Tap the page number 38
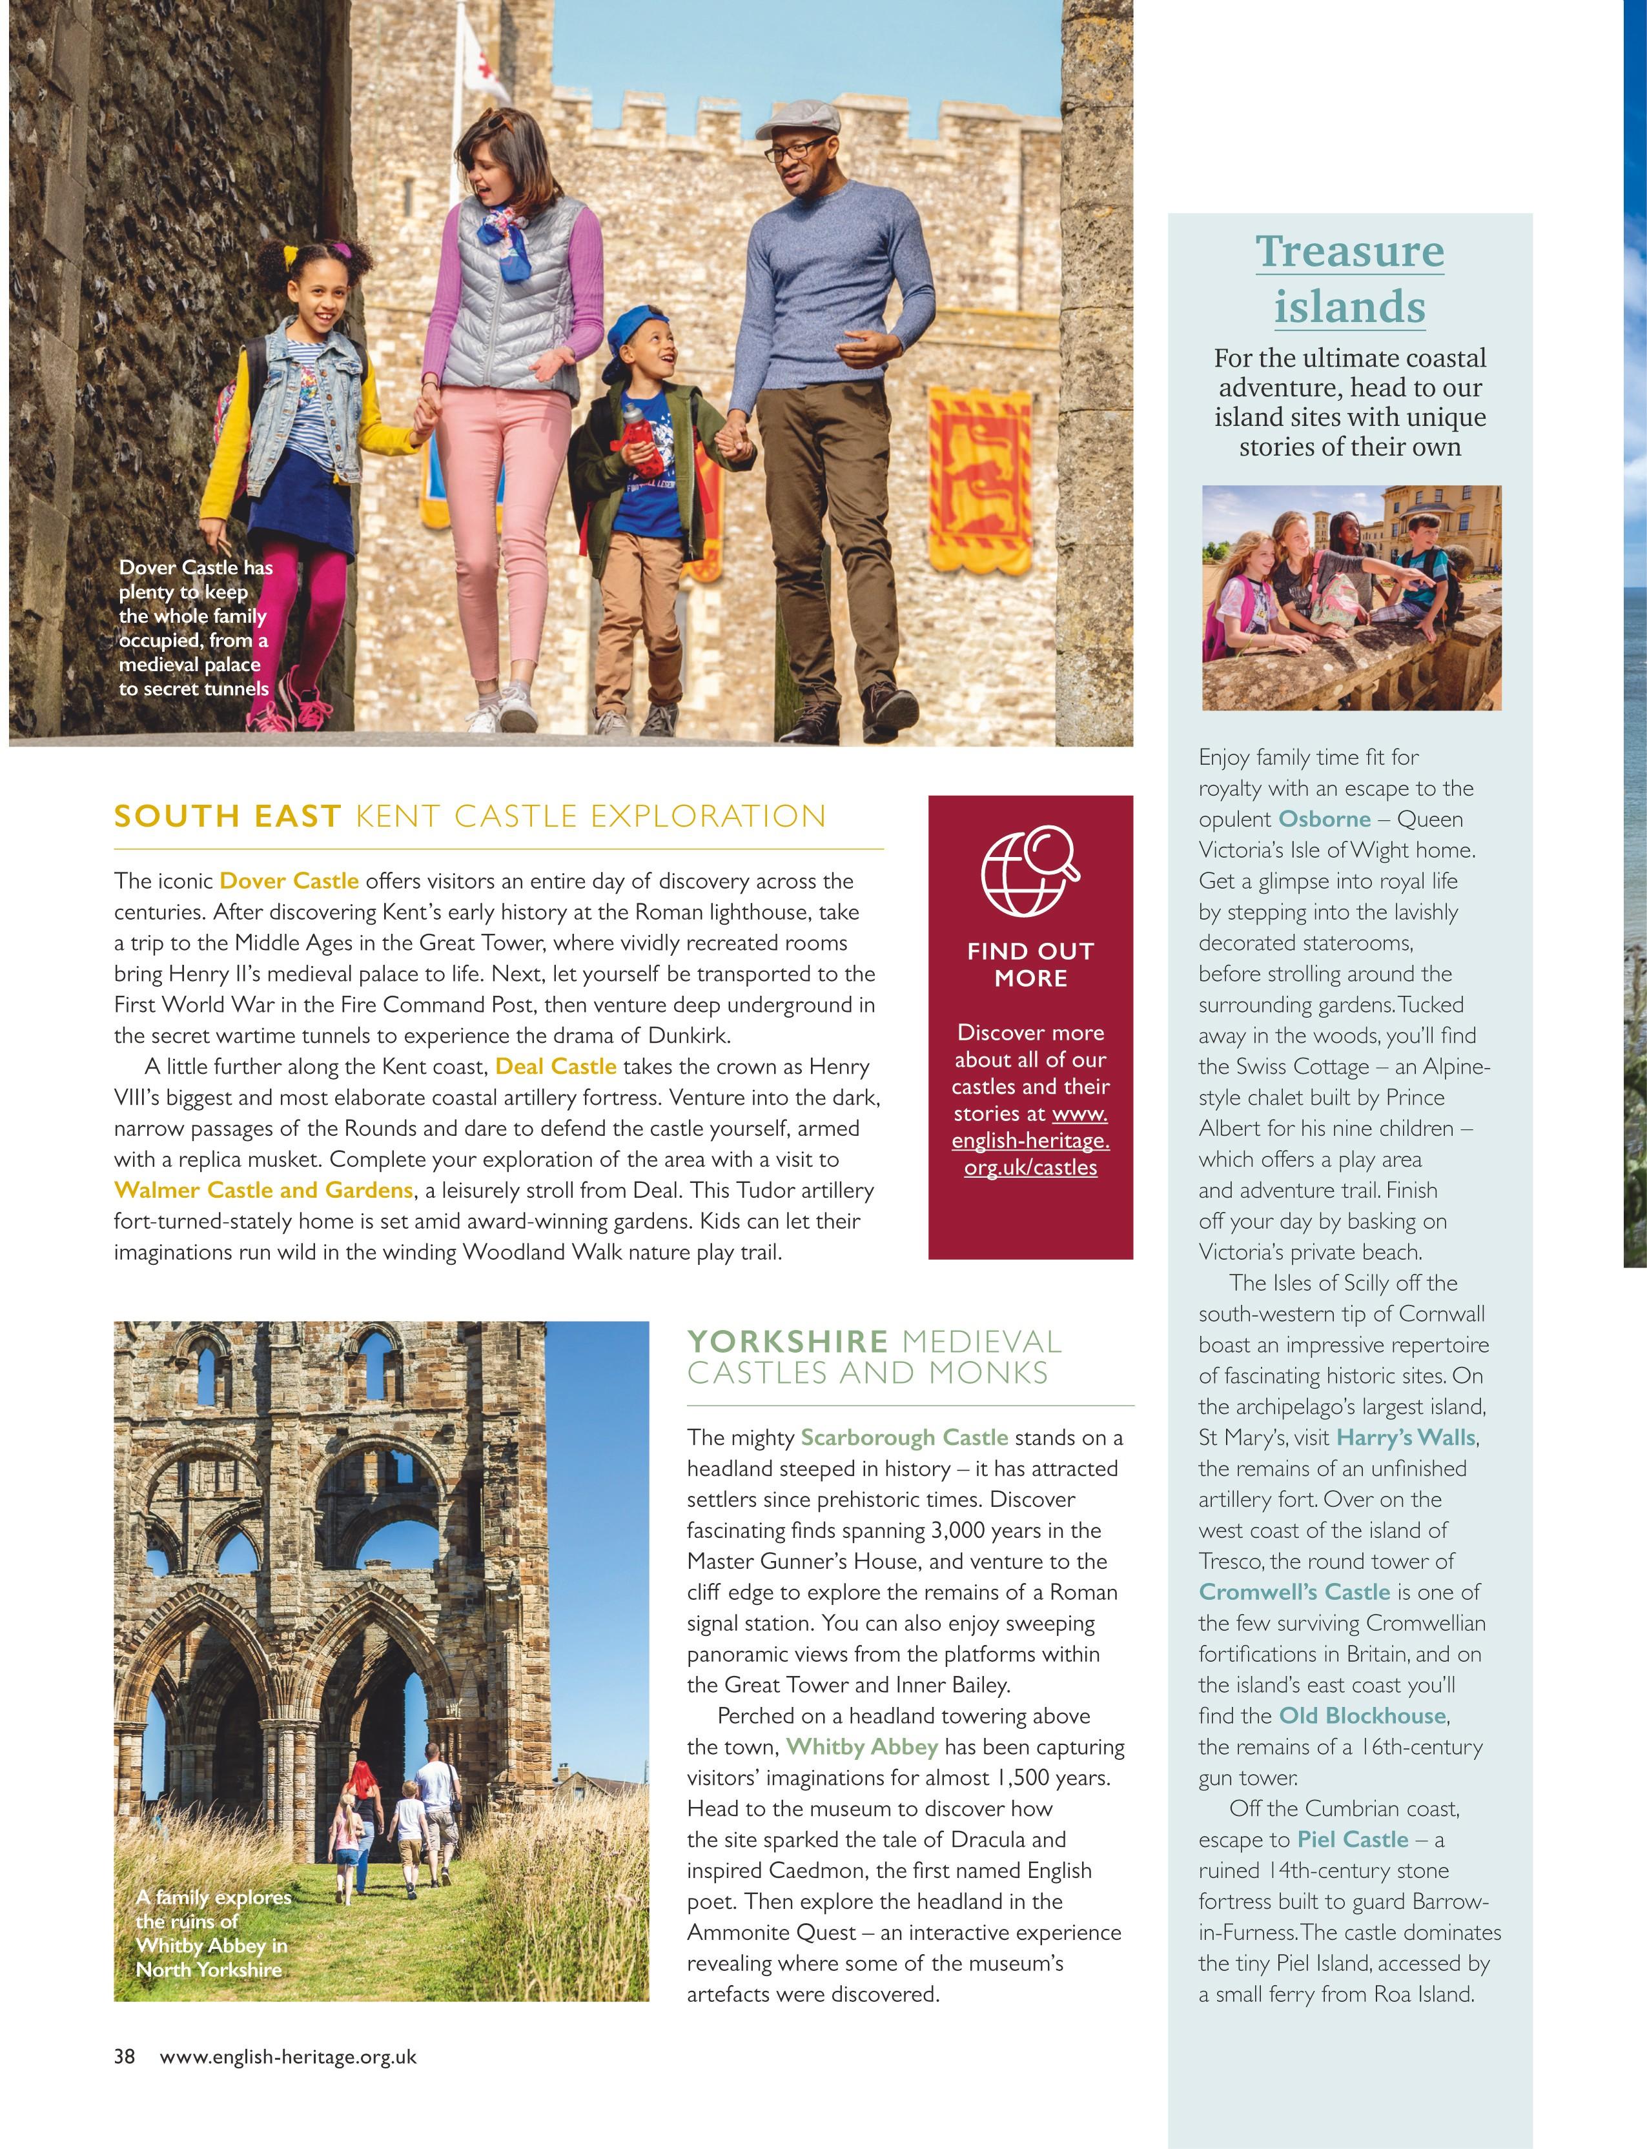125,2056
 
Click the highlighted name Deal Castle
556,1066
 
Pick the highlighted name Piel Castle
1352,1839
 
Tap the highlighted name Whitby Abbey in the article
862,1746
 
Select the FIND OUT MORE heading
1030,964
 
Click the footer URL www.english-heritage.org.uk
287,2056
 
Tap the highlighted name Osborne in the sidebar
1324,818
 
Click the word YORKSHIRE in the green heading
787,1340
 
